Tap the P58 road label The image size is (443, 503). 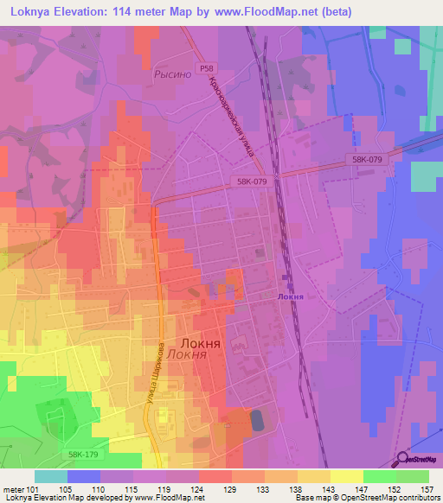click(205, 68)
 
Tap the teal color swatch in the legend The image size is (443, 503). click(50, 476)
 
